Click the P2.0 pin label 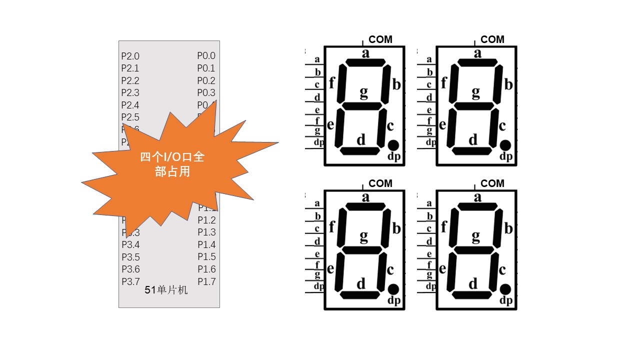(x=130, y=56)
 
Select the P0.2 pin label (x=206, y=80)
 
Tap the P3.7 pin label (x=130, y=281)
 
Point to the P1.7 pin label (x=206, y=281)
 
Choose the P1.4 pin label (x=206, y=244)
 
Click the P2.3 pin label (x=130, y=92)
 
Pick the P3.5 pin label (x=130, y=257)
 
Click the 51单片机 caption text (x=166, y=290)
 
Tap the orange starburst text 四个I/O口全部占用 (x=172, y=164)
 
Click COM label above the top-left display (x=380, y=39)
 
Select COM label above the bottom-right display (x=492, y=183)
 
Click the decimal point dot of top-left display (x=393, y=145)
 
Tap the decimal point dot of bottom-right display (x=505, y=289)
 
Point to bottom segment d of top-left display (x=360, y=150)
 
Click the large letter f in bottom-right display (x=443, y=226)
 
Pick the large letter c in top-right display (x=502, y=126)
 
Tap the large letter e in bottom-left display (x=330, y=269)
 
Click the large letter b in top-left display (x=396, y=84)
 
